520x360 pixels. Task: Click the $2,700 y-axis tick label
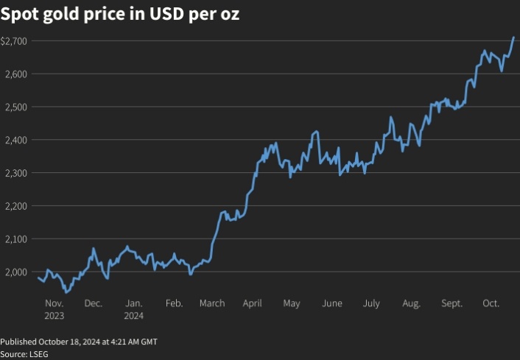click(13, 41)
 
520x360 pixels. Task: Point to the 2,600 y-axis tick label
click(16, 74)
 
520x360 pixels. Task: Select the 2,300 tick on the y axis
click(16, 173)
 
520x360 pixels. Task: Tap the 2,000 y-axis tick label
click(16, 272)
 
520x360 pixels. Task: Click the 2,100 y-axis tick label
click(16, 239)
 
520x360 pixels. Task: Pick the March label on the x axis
click(212, 303)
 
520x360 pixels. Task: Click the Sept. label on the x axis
click(452, 303)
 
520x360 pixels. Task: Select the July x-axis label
click(371, 303)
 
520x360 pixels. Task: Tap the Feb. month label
click(174, 303)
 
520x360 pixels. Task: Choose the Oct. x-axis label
click(491, 303)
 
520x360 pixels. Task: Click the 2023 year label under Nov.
click(55, 316)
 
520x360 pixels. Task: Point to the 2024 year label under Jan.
click(133, 316)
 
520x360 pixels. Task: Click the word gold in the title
click(62, 15)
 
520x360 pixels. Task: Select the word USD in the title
click(166, 14)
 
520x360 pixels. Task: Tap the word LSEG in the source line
click(39, 354)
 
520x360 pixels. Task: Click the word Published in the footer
click(18, 342)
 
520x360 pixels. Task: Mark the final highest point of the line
click(513, 37)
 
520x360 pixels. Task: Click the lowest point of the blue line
click(66, 292)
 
